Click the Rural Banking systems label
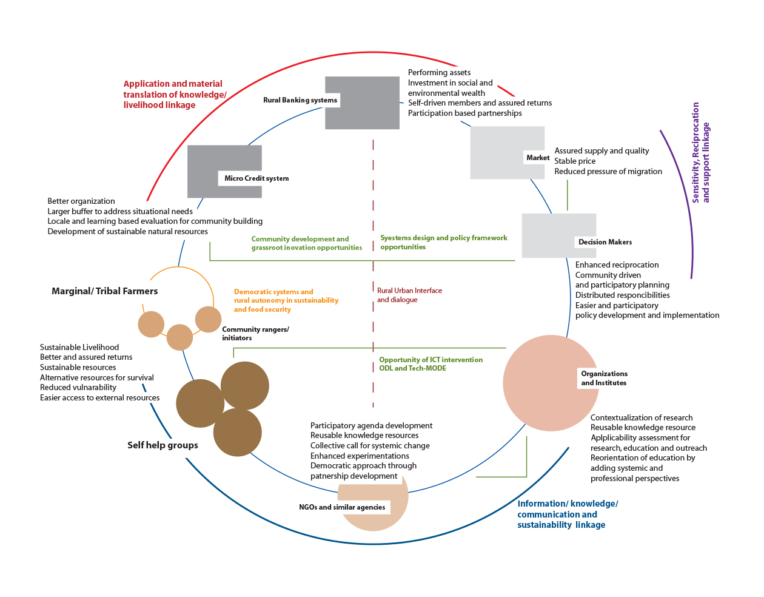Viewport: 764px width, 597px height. click(x=300, y=100)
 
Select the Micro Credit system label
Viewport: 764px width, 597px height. click(x=256, y=178)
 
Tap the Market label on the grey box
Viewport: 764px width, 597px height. click(x=537, y=158)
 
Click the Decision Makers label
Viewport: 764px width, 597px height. click(x=605, y=242)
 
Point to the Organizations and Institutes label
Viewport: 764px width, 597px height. click(x=604, y=378)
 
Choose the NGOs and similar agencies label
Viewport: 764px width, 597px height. click(x=341, y=507)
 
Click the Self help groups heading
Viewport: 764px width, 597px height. click(x=163, y=445)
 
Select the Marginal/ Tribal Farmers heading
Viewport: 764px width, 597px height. click(x=104, y=291)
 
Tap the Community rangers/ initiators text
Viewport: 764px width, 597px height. click(x=255, y=334)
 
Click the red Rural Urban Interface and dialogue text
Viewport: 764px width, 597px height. click(x=409, y=295)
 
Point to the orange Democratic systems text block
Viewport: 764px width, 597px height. click(x=286, y=300)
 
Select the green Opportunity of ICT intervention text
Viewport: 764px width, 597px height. click(x=431, y=364)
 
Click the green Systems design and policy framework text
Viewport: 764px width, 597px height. click(x=443, y=242)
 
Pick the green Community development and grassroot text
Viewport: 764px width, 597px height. click(x=306, y=243)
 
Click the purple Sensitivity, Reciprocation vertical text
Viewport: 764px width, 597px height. click(x=700, y=152)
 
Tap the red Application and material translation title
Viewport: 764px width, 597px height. click(x=175, y=95)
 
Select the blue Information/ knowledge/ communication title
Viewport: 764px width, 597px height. click(x=567, y=514)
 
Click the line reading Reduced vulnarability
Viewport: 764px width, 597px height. click(x=78, y=388)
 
